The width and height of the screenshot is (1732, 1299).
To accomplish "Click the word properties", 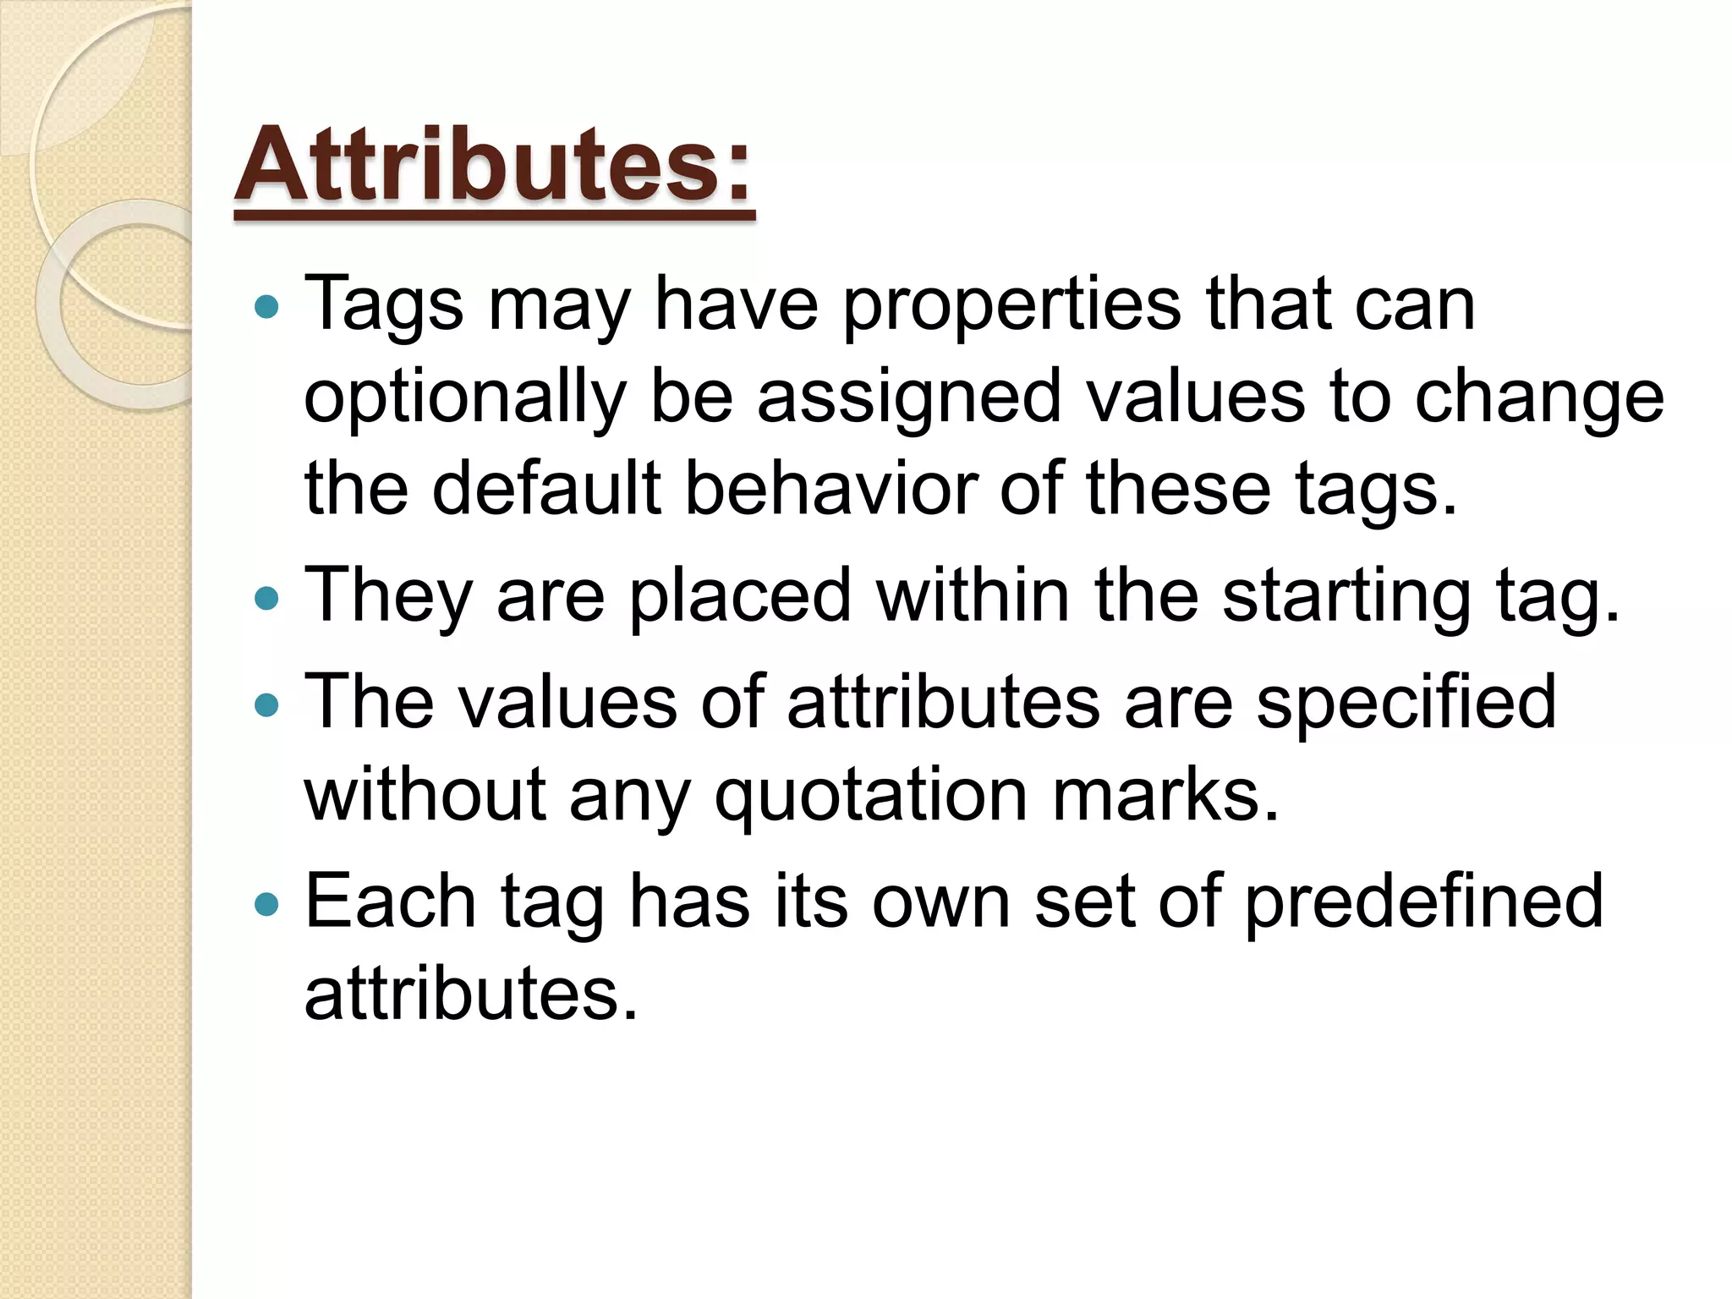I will pyautogui.click(x=1011, y=306).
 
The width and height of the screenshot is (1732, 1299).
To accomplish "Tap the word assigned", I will pyautogui.click(x=908, y=399).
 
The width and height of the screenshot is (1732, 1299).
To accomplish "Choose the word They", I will pyautogui.click(x=388, y=597).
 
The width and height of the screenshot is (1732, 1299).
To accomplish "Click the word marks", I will pyautogui.click(x=1165, y=795).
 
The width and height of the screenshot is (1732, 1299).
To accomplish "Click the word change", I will pyautogui.click(x=1539, y=399).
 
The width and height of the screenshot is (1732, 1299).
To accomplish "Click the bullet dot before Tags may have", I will pyautogui.click(x=266, y=306).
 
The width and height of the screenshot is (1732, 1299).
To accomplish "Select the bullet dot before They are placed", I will pyautogui.click(x=266, y=599).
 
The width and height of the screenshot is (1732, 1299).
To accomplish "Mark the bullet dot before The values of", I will pyautogui.click(x=266, y=704).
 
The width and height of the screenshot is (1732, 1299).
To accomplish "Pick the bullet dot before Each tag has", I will pyautogui.click(x=266, y=904).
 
